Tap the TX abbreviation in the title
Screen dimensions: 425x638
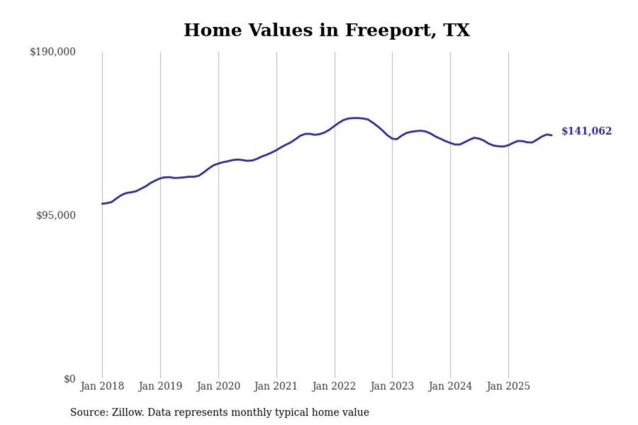(456, 30)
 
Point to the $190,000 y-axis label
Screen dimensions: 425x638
(53, 52)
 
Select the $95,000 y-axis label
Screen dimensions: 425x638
(56, 216)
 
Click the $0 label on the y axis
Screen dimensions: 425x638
(70, 379)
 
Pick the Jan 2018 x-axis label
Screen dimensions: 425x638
(102, 386)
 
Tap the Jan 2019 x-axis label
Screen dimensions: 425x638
(160, 386)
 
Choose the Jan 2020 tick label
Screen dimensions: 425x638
(218, 386)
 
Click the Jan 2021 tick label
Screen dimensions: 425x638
(276, 386)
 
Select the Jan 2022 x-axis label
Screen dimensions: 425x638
(334, 386)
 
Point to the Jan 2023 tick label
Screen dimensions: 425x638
(392, 386)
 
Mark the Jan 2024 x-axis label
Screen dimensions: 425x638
(450, 386)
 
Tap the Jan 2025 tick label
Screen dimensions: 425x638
(508, 386)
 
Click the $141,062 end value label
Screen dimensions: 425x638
(586, 131)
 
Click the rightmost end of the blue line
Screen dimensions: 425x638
(552, 135)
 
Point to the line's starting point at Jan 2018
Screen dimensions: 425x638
(102, 204)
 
